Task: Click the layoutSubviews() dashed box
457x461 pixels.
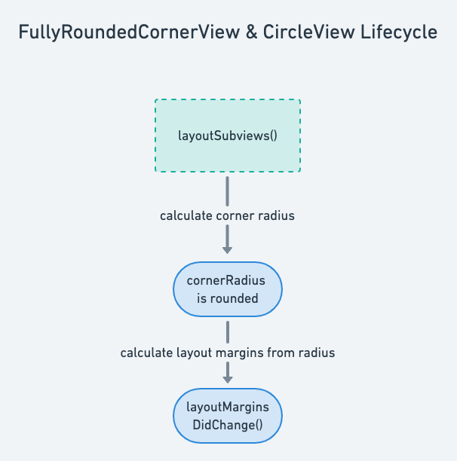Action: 228,136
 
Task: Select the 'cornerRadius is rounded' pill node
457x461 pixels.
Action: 228,289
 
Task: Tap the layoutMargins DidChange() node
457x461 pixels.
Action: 228,416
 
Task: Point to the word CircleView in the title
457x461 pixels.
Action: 296,33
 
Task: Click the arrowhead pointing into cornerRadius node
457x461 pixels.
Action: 228,249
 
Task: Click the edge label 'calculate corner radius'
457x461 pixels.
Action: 228,215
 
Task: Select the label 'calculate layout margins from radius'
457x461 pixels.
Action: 228,353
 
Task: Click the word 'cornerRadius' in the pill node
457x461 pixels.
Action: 228,281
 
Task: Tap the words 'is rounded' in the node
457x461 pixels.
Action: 228,298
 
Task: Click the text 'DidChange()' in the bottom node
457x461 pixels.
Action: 228,424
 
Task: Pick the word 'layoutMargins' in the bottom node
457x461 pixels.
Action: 228,408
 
